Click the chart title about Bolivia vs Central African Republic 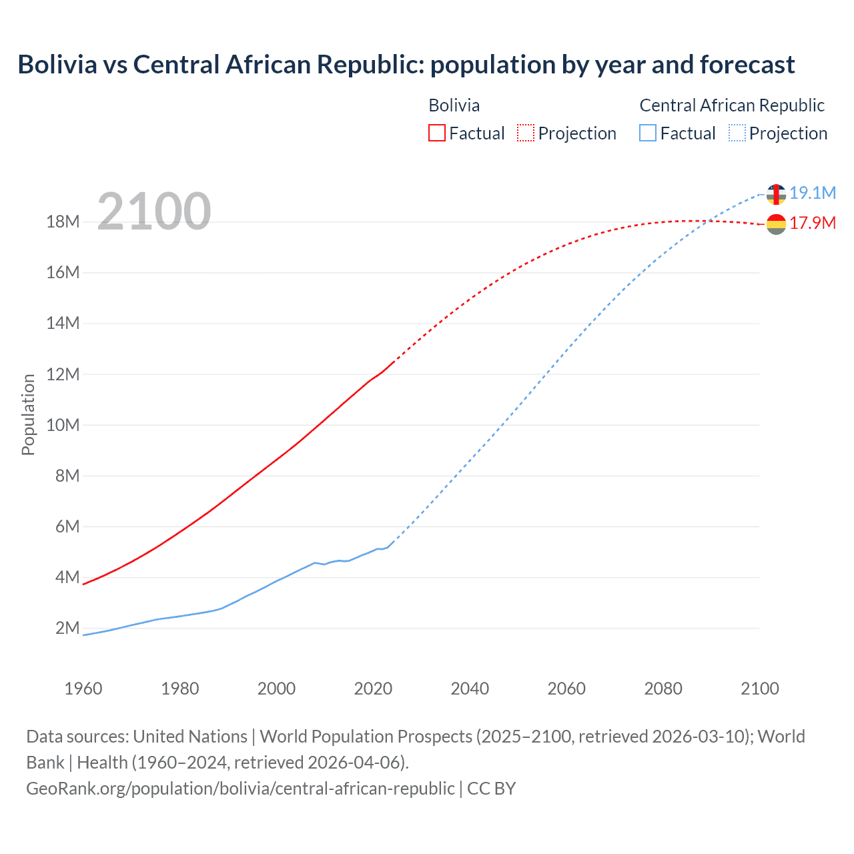(406, 65)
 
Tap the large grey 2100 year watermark (154, 211)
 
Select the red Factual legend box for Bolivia (436, 133)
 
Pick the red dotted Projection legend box (526, 133)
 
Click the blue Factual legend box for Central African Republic (647, 133)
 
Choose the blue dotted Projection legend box (737, 133)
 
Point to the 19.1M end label (813, 193)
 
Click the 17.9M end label (813, 223)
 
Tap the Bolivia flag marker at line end (776, 224)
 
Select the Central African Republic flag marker (776, 194)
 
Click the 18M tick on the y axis (63, 222)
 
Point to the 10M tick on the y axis (63, 425)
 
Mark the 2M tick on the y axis (67, 628)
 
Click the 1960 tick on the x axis (83, 689)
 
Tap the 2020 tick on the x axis (373, 689)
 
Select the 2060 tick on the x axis (566, 689)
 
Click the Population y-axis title (28, 414)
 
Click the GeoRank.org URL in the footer (240, 788)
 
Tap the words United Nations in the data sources (190, 737)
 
